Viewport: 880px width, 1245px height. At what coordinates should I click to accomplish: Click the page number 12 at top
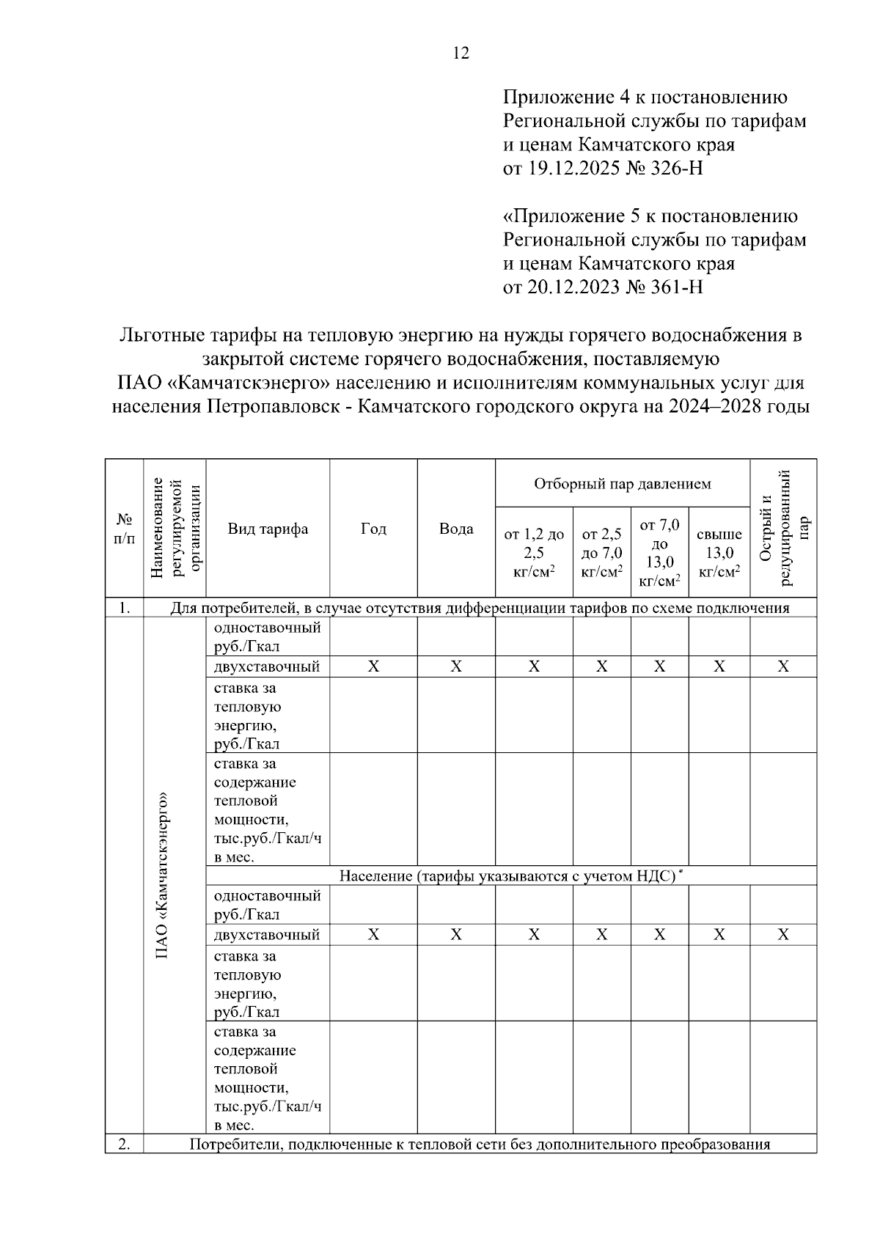(x=461, y=53)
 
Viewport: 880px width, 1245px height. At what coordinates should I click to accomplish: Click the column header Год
(x=373, y=529)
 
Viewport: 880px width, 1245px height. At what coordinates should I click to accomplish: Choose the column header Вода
(x=456, y=529)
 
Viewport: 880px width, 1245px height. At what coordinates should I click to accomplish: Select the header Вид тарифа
(x=268, y=529)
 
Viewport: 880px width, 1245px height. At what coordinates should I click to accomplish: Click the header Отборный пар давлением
(x=622, y=484)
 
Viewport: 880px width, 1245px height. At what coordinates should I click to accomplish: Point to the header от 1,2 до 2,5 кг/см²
(x=534, y=552)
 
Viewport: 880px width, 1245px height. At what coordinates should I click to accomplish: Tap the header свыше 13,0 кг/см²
(x=719, y=552)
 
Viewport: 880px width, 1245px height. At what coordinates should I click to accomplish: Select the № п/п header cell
(x=125, y=529)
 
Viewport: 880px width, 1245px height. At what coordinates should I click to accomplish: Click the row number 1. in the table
(x=125, y=608)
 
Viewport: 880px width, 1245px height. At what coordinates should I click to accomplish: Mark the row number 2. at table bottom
(x=125, y=1144)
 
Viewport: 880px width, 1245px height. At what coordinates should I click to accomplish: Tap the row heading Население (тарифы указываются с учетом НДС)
(x=511, y=875)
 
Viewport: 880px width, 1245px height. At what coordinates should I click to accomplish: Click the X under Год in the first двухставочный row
(x=373, y=666)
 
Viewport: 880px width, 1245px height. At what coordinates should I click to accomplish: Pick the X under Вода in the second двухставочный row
(x=456, y=935)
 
